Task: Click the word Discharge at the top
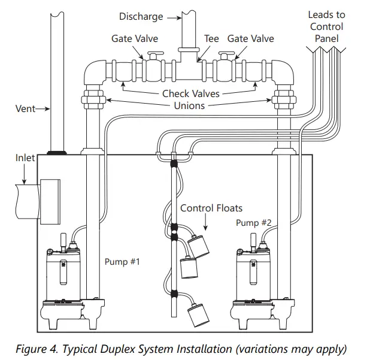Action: tap(141, 17)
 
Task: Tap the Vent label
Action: tap(25, 108)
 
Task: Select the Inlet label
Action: tap(25, 158)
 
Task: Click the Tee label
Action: tap(211, 38)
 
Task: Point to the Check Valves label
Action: tap(191, 93)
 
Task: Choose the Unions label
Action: tap(189, 105)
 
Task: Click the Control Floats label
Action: tap(211, 208)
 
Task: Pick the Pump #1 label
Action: tap(122, 262)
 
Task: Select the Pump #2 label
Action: tap(254, 223)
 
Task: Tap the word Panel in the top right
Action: tap(326, 38)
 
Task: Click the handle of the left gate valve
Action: tap(155, 53)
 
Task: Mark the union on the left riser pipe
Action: tap(93, 99)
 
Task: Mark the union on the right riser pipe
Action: tap(284, 99)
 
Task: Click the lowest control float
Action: tap(198, 314)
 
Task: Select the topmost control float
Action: tap(198, 246)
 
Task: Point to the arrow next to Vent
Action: tap(43, 109)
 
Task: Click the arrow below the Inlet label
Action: tap(24, 174)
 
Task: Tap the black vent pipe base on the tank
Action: tap(57, 153)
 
